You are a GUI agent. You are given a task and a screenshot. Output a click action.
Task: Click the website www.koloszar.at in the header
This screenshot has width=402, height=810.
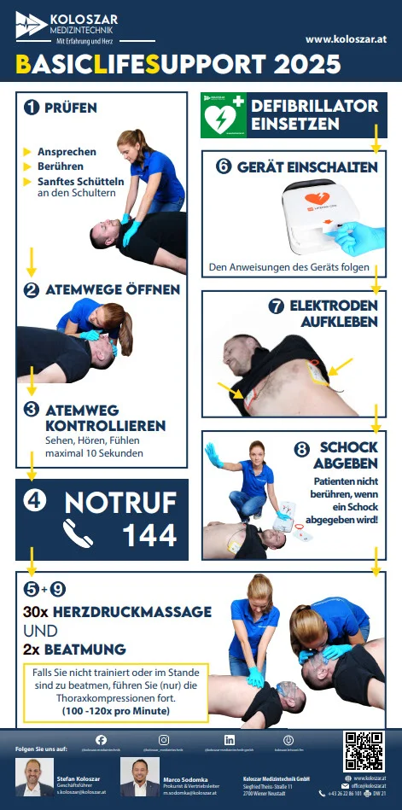click(346, 39)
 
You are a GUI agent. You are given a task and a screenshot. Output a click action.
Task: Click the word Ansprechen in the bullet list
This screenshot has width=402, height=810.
click(67, 152)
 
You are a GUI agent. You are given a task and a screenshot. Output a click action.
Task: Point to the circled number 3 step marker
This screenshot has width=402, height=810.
click(32, 410)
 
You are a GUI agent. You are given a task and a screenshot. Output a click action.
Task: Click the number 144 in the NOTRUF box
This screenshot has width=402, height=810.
click(149, 534)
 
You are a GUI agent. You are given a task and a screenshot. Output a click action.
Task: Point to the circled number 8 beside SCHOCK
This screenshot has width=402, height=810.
click(301, 448)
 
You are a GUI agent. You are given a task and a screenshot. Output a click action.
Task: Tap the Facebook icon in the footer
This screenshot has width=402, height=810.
click(101, 740)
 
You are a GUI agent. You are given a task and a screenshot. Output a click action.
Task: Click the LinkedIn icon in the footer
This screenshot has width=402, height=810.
click(230, 740)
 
